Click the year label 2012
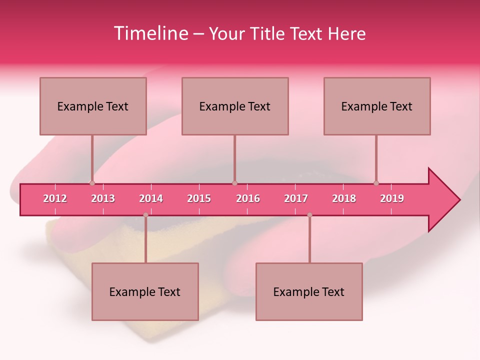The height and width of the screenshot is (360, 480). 55,198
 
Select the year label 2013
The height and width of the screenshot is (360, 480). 103,198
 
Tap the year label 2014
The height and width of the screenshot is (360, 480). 151,198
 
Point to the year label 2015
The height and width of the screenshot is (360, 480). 199,198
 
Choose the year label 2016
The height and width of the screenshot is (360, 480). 248,198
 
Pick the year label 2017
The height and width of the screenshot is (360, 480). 296,198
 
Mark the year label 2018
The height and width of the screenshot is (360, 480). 344,198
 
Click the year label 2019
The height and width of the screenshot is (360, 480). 392,198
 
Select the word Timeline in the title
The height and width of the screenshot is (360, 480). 150,33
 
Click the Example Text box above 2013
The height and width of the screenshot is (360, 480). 93,106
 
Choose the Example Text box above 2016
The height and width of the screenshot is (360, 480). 235,106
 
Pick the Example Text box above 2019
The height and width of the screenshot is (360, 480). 377,106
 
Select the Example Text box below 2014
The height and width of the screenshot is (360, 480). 145,291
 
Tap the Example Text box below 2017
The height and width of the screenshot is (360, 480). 309,291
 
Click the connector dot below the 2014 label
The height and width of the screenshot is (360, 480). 145,215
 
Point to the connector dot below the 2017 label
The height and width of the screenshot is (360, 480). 309,215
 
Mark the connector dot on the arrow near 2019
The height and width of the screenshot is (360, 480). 376,183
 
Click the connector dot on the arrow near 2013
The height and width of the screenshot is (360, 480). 92,183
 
